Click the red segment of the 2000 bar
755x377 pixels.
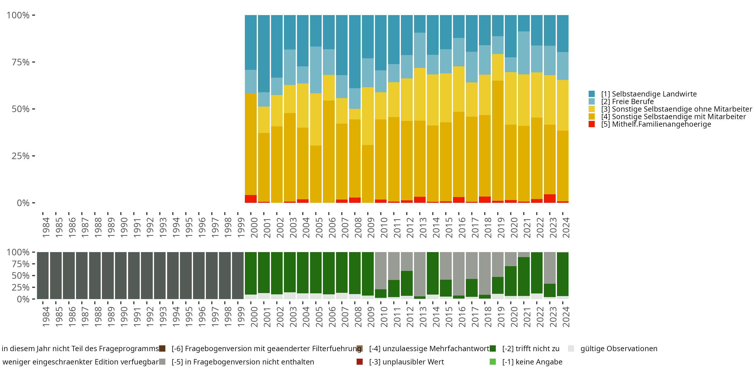(x=251, y=199)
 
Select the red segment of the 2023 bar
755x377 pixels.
(x=550, y=199)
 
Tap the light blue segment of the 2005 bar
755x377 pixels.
(x=316, y=70)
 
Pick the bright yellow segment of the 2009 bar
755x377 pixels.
(x=367, y=116)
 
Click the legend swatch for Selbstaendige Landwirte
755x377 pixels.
(x=591, y=94)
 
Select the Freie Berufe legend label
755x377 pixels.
(x=627, y=102)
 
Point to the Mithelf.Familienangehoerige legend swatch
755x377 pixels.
(x=591, y=124)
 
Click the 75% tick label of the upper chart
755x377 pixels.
(x=21, y=62)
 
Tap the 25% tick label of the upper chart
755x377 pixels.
(x=21, y=156)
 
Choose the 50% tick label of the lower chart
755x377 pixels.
(x=21, y=275)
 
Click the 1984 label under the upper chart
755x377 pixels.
(x=46, y=227)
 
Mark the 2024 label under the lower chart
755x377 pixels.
(x=566, y=317)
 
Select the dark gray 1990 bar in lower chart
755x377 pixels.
(x=121, y=275)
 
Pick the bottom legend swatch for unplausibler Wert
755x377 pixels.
(x=360, y=362)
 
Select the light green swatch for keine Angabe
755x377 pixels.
(x=493, y=362)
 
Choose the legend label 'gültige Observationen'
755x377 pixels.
(x=619, y=349)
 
